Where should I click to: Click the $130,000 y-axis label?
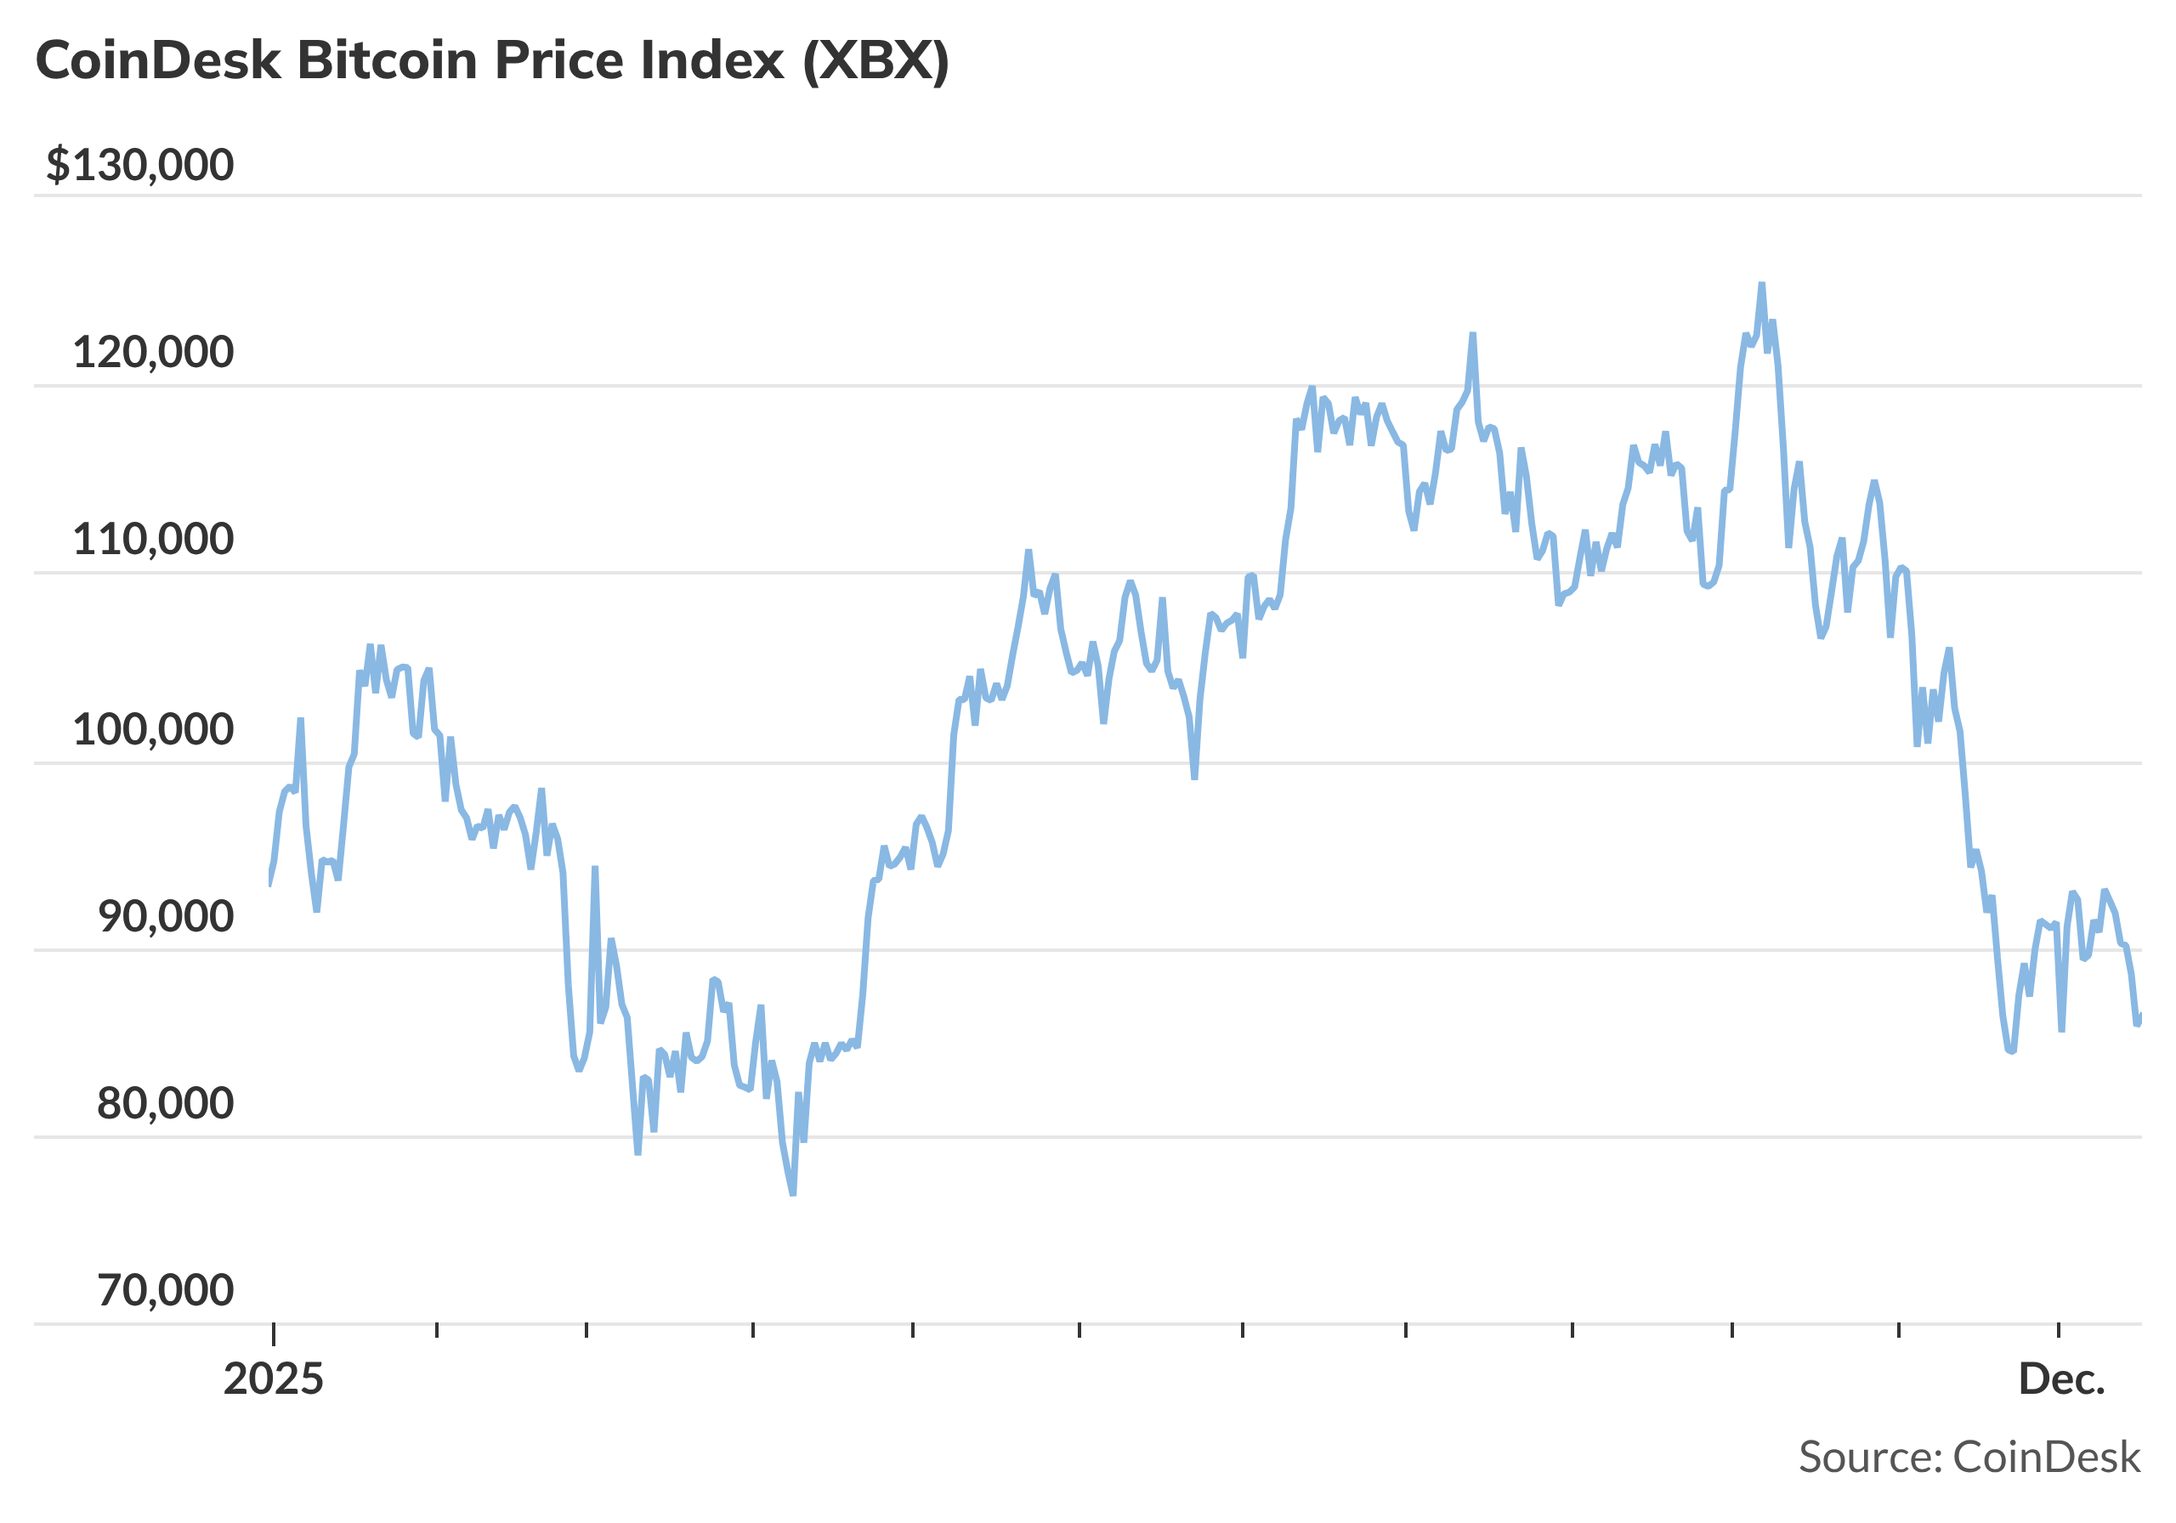(x=139, y=165)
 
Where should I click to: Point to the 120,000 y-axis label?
(x=153, y=353)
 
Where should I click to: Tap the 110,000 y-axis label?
(x=153, y=540)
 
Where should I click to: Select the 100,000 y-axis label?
(x=153, y=730)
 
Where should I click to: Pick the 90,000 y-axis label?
(x=165, y=916)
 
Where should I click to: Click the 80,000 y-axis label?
(x=165, y=1103)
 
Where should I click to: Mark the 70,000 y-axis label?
(x=165, y=1290)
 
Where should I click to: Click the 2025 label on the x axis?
(x=273, y=1379)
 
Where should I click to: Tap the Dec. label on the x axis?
(x=2061, y=1379)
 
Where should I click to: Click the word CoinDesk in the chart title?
(x=158, y=60)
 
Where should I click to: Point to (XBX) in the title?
(x=875, y=60)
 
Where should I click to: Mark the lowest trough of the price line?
(x=793, y=1195)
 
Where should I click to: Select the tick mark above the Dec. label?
(x=2059, y=1331)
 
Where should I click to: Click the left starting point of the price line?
(x=270, y=884)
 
